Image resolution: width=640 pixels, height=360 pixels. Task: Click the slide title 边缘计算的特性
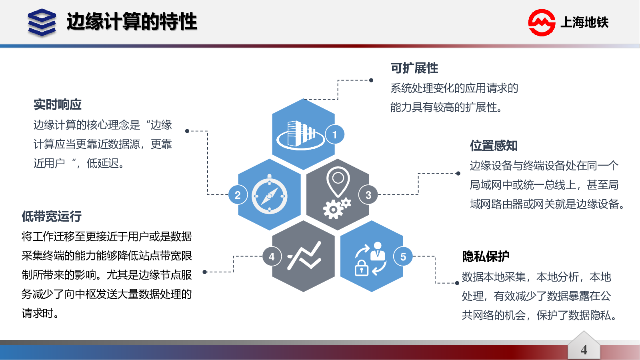point(132,22)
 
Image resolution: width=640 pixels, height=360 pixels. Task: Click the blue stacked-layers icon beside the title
point(42,22)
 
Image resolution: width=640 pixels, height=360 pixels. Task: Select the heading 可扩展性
point(414,68)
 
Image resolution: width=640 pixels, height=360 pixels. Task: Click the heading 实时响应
point(58,104)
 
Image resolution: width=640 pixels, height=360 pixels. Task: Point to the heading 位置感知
point(494,146)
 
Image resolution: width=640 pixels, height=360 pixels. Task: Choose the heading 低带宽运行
point(52,216)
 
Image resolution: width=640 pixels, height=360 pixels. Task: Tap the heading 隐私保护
point(486,256)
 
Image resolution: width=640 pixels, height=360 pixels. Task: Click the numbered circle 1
point(334,134)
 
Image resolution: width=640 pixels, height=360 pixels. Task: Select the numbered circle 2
point(238,195)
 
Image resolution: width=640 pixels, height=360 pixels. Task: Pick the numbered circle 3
point(368,195)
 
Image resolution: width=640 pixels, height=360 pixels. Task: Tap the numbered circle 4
point(272,256)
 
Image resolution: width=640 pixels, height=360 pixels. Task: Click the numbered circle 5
point(403,256)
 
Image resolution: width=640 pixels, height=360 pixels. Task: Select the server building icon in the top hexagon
point(300,134)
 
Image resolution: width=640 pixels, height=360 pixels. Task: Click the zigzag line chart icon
point(304,256)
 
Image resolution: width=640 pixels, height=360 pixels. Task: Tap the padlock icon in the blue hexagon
point(362,268)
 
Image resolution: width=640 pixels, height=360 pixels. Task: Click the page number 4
point(584,350)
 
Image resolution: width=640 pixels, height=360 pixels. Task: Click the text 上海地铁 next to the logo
point(584,22)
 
